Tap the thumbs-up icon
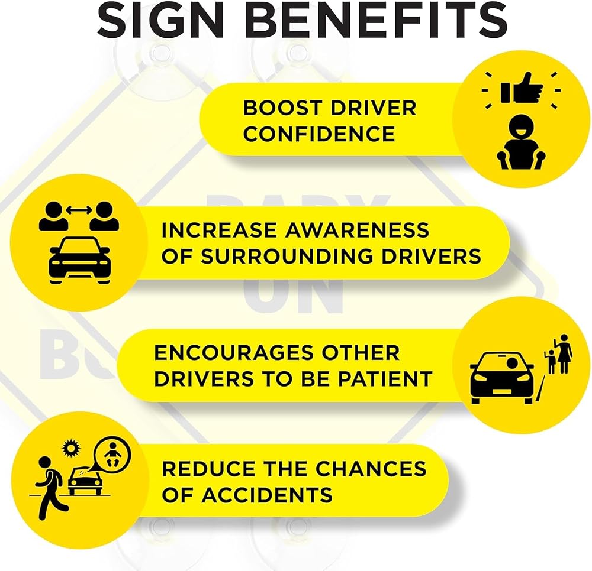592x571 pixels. point(522,89)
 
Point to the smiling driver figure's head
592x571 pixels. point(521,128)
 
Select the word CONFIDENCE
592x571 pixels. point(319,134)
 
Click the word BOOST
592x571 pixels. point(282,108)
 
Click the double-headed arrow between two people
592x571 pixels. point(79,210)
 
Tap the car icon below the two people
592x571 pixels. point(80,261)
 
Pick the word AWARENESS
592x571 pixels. point(357,230)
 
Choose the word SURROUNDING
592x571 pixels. point(287,257)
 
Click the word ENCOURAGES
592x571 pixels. point(234,353)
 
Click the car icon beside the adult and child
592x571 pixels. point(502,378)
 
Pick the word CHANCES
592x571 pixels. point(371,469)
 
